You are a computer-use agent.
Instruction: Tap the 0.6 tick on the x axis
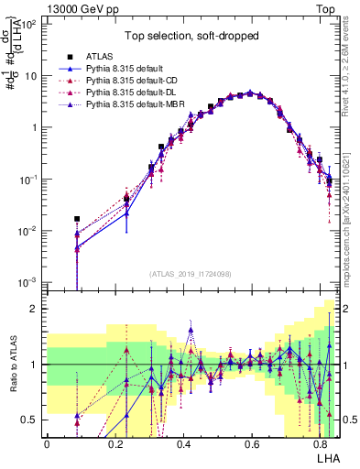pyautogui.click(x=251, y=442)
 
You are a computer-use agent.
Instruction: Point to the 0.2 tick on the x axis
pyautogui.click(x=115, y=442)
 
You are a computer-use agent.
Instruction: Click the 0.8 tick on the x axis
pyautogui.click(x=319, y=442)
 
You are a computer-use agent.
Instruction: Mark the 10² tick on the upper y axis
pyautogui.click(x=30, y=25)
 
